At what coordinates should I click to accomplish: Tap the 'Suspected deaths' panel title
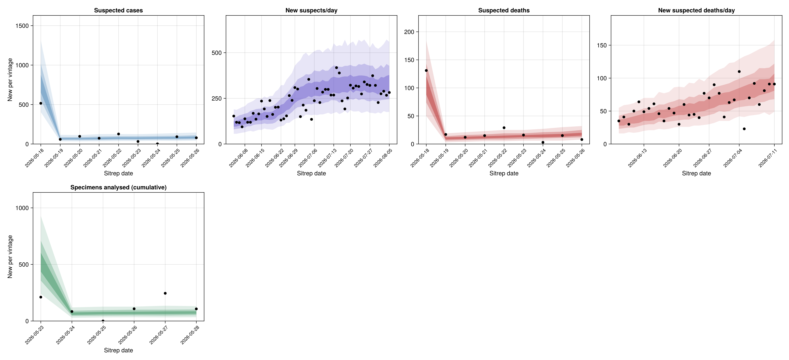[x=504, y=10]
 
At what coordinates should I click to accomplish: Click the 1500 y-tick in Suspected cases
[x=22, y=26]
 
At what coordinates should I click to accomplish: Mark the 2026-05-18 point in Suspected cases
[x=41, y=103]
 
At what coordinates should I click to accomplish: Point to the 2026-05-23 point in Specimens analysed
[x=41, y=297]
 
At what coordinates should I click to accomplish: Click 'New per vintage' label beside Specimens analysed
[x=10, y=257]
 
